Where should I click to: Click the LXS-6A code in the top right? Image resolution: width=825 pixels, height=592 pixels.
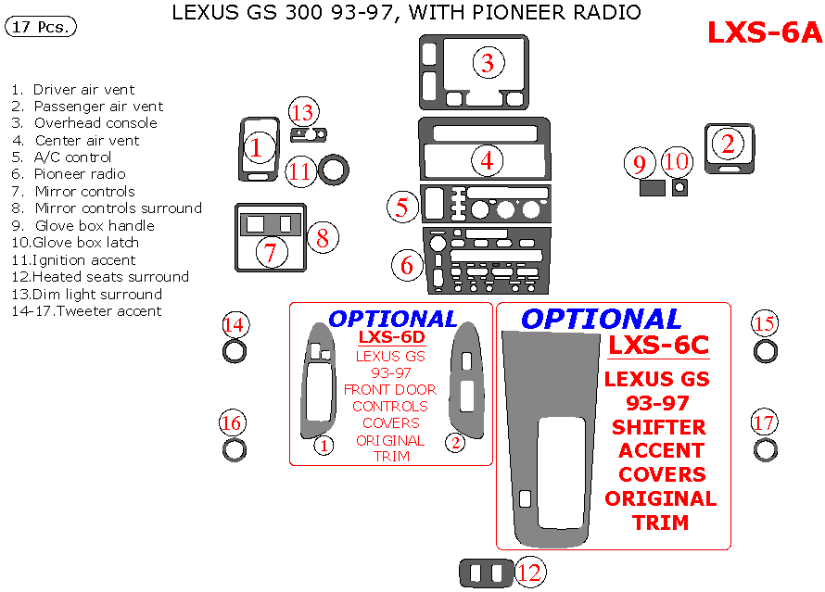pyautogui.click(x=765, y=31)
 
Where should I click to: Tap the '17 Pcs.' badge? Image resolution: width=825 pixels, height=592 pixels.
pyautogui.click(x=41, y=27)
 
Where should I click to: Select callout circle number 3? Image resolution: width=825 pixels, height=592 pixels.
pyautogui.click(x=488, y=63)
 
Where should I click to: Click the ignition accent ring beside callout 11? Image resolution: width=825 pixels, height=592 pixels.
pyautogui.click(x=334, y=171)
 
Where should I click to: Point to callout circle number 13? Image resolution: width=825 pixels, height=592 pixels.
pyautogui.click(x=302, y=113)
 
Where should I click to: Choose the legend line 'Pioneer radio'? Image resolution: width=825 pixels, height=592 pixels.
pyautogui.click(x=79, y=174)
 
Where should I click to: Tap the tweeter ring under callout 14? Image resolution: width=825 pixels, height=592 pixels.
pyautogui.click(x=235, y=352)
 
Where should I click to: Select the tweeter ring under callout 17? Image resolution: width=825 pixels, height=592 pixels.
pyautogui.click(x=765, y=450)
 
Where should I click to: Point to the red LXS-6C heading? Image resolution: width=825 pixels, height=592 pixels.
pyautogui.click(x=659, y=346)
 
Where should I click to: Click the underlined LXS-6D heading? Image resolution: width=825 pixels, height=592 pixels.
pyautogui.click(x=391, y=337)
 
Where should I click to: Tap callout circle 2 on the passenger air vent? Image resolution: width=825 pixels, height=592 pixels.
pyautogui.click(x=728, y=144)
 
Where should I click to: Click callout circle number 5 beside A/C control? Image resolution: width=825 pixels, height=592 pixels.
pyautogui.click(x=401, y=206)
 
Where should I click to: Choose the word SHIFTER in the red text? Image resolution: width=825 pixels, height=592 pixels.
pyautogui.click(x=659, y=427)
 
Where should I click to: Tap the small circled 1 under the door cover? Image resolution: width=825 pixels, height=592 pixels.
pyautogui.click(x=324, y=445)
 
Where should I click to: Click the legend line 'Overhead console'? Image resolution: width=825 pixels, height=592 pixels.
pyautogui.click(x=95, y=123)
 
